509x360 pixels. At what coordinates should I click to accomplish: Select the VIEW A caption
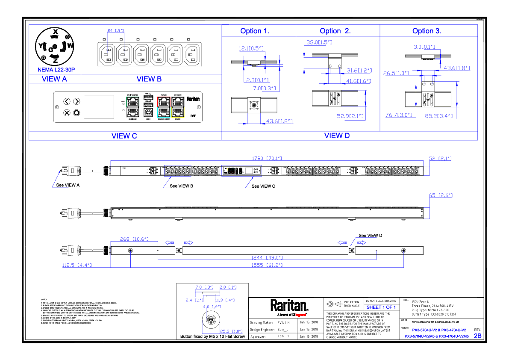(54, 79)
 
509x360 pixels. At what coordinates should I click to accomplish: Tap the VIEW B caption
(149, 79)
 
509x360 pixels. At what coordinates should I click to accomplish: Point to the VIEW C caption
(124, 136)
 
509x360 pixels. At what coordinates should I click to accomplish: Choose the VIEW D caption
(337, 136)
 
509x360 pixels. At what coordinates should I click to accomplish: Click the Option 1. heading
(255, 31)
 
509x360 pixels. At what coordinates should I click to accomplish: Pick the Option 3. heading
(427, 31)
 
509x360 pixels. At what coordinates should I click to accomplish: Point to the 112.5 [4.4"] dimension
(76, 265)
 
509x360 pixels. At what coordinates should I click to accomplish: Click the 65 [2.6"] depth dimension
(440, 195)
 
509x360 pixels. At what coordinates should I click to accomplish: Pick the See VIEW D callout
(370, 236)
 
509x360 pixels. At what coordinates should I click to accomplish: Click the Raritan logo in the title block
(289, 306)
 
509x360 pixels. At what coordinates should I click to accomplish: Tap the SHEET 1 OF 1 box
(381, 307)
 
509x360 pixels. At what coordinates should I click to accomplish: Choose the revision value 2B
(477, 336)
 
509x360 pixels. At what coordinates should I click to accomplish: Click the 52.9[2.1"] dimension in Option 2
(350, 115)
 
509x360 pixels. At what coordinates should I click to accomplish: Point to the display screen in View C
(99, 107)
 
